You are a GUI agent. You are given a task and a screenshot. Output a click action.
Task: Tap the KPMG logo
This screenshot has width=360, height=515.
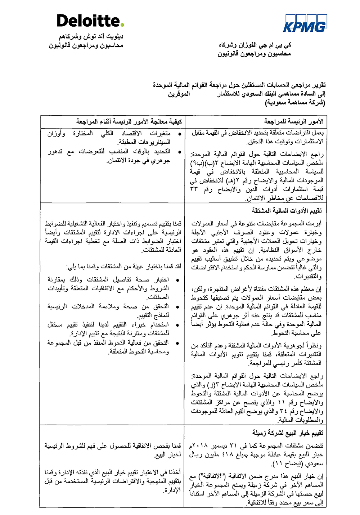coord(305,23)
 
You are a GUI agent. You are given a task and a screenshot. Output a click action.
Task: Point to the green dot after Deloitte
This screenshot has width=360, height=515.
coord(122,25)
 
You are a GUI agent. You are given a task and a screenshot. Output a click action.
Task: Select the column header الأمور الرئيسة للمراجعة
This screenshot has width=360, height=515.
coord(293,121)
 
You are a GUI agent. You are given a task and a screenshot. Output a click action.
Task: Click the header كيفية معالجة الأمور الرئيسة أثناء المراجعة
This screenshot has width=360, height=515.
coord(129,121)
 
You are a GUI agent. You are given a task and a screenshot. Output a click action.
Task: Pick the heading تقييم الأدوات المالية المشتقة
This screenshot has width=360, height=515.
coord(287,210)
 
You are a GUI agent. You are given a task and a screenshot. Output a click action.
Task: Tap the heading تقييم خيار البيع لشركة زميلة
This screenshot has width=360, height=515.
coord(288,433)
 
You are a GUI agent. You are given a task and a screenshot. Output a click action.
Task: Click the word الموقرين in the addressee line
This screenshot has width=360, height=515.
coord(179,94)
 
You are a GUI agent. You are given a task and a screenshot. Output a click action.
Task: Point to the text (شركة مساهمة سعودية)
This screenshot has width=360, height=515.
coord(295,103)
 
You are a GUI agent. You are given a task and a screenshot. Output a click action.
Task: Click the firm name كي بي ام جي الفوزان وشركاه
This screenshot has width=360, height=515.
coord(255,45)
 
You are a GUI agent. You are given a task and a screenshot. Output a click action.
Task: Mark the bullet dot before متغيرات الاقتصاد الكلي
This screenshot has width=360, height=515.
coord(179,134)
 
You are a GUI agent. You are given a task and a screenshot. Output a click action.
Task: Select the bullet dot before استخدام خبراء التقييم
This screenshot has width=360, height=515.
coord(177,325)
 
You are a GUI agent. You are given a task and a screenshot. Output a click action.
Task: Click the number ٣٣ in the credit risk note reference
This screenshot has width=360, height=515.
coord(194,189)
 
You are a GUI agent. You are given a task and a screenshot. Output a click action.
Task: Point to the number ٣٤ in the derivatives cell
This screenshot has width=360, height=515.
coord(284,411)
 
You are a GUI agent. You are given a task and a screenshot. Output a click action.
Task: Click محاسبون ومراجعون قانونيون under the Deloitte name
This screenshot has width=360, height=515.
coord(86,46)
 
